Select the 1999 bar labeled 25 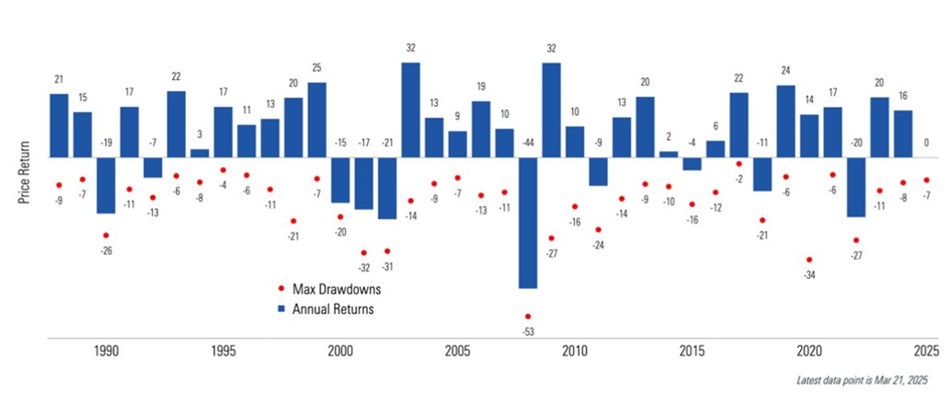[x=317, y=120]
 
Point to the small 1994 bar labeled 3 [x=200, y=153]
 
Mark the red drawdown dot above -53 [x=528, y=316]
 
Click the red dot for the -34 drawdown [x=809, y=260]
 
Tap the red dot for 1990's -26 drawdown [x=106, y=236]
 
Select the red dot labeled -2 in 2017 [x=739, y=164]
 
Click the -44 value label [x=528, y=144]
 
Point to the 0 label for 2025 [x=926, y=143]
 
